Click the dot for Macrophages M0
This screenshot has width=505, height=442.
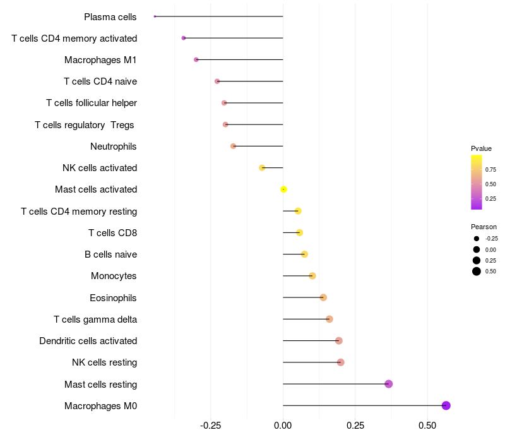click(446, 405)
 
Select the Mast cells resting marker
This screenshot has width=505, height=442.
click(388, 384)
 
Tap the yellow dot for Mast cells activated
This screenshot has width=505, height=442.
click(283, 189)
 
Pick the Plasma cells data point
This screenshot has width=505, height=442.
click(155, 16)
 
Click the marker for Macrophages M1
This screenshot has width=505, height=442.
click(196, 59)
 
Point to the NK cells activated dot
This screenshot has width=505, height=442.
click(262, 168)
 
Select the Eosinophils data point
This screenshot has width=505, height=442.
click(323, 297)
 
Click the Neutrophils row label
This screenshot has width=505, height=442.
click(114, 146)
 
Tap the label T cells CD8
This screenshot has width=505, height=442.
click(113, 233)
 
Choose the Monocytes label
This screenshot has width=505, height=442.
click(114, 276)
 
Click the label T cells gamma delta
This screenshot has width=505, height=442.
click(95, 320)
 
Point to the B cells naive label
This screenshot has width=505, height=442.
click(111, 254)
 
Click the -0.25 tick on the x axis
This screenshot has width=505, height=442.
click(211, 426)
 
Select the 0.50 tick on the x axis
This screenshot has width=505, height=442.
click(427, 426)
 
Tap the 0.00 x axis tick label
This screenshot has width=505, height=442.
click(283, 426)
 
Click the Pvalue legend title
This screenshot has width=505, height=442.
click(481, 148)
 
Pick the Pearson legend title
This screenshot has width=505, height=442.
click(484, 227)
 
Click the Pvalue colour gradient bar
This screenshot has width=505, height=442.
click(477, 182)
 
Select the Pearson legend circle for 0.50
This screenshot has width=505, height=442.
click(477, 272)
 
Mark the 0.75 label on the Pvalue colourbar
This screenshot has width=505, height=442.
click(490, 170)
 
